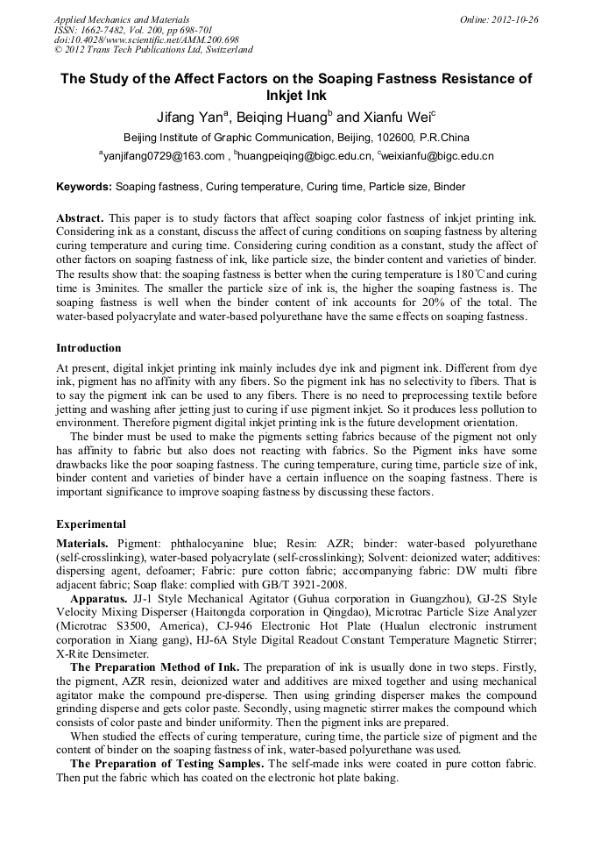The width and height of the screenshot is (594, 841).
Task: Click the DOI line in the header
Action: click(146, 39)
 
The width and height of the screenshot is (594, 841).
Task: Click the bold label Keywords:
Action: click(84, 187)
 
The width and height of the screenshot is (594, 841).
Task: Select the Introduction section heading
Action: click(88, 348)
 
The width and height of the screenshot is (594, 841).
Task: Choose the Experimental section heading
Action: click(91, 524)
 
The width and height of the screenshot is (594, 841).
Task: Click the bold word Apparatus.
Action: click(99, 599)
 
